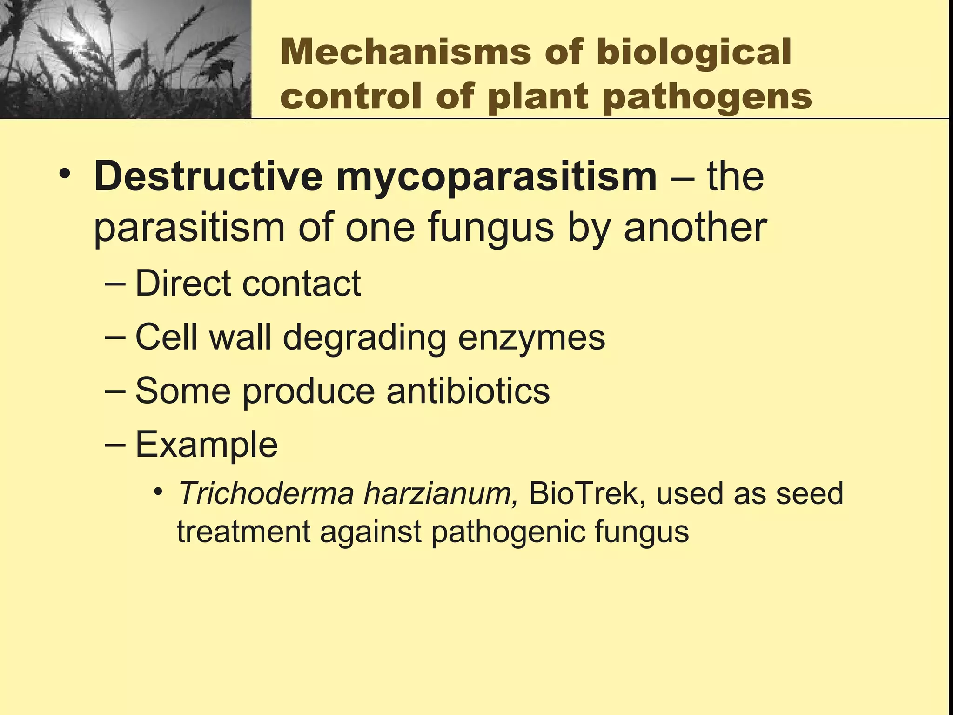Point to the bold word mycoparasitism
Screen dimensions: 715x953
497,177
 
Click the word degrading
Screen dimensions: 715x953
364,337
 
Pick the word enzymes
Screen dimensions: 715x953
531,337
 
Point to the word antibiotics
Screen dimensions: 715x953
468,391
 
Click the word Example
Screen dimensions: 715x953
207,445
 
